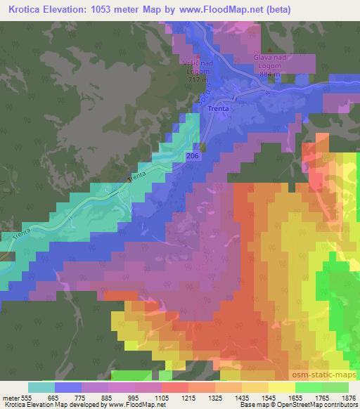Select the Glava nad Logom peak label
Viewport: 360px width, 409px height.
270,64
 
